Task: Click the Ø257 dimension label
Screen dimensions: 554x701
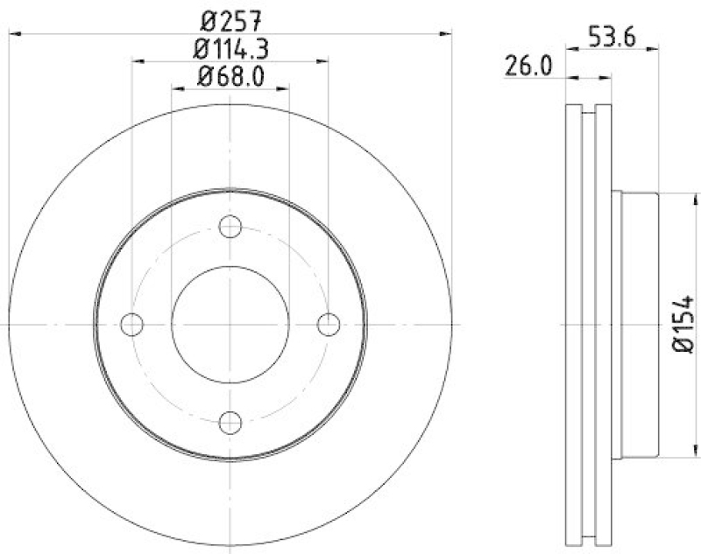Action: [x=230, y=17]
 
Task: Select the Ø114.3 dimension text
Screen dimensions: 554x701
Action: [x=230, y=47]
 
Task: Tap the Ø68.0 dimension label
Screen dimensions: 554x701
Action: [x=230, y=76]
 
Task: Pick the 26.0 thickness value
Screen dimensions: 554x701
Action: [x=527, y=66]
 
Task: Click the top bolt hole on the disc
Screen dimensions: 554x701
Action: [x=230, y=227]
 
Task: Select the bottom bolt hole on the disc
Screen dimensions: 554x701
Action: [x=230, y=422]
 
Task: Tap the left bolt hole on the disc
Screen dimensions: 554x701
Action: [x=132, y=325]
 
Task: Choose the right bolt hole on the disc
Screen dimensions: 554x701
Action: [x=329, y=325]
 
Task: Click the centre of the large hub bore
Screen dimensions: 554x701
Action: [x=230, y=325]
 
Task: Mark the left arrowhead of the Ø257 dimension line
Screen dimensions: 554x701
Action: [x=12, y=32]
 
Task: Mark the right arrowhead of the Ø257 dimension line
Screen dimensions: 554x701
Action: [x=448, y=32]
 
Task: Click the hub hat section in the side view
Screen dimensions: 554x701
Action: [x=638, y=325]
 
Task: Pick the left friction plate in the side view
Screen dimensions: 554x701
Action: [x=574, y=325]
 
